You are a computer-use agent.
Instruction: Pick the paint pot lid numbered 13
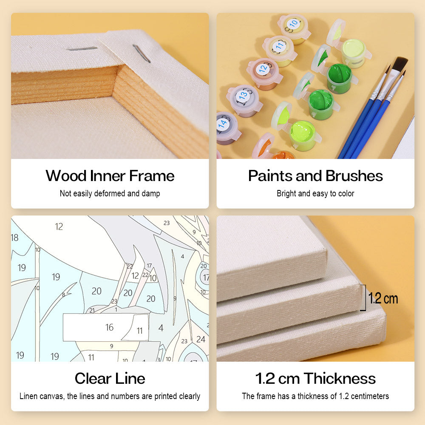(243, 95)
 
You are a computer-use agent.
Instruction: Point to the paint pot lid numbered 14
(224, 124)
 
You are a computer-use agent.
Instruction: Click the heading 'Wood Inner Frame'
(110, 176)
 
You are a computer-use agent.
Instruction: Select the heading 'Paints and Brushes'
(315, 176)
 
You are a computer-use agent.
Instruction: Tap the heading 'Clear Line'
(110, 378)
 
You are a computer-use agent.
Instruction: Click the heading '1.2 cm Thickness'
(315, 378)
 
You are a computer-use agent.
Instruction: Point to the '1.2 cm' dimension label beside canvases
(383, 298)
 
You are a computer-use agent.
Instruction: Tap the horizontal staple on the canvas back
(82, 49)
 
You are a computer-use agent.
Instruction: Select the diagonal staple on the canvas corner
(141, 54)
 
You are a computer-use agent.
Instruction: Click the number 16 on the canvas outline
(110, 327)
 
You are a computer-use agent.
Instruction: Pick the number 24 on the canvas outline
(201, 339)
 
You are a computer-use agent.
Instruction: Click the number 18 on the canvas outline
(14, 238)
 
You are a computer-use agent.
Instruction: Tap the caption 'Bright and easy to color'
(315, 193)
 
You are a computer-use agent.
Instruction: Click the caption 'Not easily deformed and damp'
(110, 193)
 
